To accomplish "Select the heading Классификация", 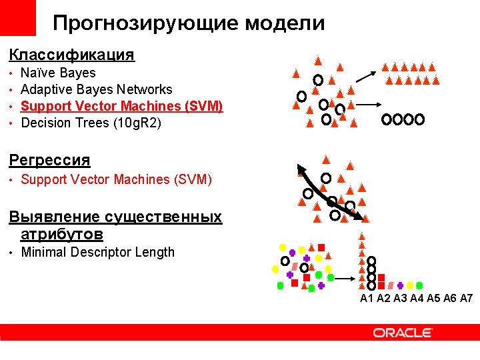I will [71, 55].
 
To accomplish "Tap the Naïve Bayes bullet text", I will [59, 73].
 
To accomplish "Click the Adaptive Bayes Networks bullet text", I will [97, 89].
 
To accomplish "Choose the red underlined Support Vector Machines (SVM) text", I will [122, 106].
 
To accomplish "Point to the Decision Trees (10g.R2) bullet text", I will [91, 123].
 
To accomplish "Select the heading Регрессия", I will [49, 160].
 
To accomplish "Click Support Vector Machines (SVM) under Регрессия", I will [117, 179].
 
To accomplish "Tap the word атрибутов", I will [61, 235].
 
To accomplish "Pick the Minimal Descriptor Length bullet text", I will [98, 252].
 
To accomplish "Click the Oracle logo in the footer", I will [403, 333].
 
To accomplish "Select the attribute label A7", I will [466, 299].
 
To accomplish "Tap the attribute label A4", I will [417, 299].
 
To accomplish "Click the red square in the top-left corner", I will [17, 18].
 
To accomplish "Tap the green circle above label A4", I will [419, 285].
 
